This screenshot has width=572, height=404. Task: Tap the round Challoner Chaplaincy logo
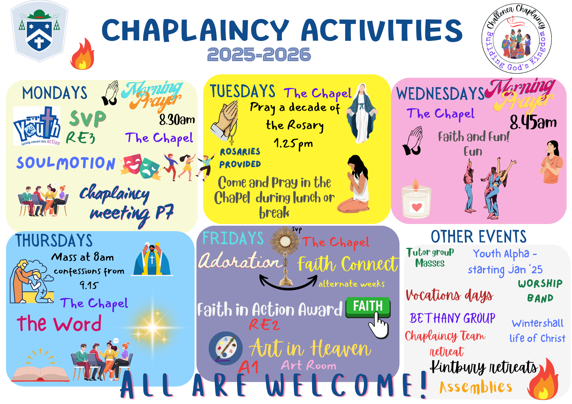(x=517, y=39)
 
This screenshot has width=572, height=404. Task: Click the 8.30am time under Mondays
(x=177, y=119)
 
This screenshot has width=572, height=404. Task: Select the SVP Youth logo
(x=37, y=126)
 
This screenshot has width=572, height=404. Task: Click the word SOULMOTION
(x=66, y=163)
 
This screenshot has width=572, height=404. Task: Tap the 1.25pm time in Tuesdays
(x=293, y=144)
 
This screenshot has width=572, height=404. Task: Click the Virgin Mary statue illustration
(x=362, y=113)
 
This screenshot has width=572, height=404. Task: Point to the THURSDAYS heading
(x=54, y=240)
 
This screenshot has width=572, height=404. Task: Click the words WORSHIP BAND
(x=540, y=291)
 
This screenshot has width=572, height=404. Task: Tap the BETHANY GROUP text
(x=452, y=318)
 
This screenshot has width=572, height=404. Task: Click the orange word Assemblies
(x=476, y=387)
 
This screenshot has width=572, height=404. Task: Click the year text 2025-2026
(x=259, y=55)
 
